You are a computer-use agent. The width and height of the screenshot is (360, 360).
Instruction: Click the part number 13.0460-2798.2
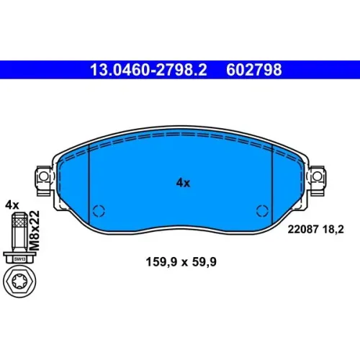pos(148,70)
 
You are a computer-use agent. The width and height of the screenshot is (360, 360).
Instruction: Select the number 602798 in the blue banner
pos(254,70)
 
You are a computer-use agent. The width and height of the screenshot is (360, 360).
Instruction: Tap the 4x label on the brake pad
pos(183,183)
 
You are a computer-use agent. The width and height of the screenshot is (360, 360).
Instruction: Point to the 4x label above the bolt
pos(12,205)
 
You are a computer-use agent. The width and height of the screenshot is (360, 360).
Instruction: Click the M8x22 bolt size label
pos(35,230)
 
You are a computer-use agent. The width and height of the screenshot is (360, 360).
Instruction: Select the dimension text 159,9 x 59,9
pos(181,262)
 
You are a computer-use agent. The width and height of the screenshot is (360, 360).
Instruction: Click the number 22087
pos(303,230)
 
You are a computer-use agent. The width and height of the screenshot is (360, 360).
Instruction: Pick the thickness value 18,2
pos(333,230)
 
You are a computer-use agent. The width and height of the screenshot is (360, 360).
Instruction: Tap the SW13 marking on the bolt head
pos(19,259)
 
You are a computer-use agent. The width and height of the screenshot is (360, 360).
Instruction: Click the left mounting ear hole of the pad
pos(43,176)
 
